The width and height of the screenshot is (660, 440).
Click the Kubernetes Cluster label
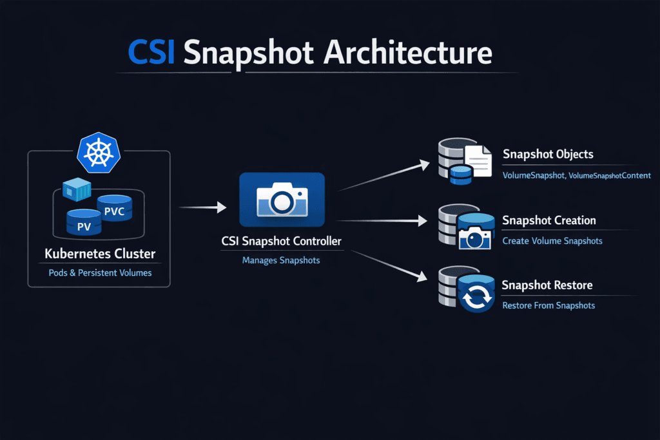click(x=99, y=254)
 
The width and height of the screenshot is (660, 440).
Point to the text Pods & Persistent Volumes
click(x=100, y=273)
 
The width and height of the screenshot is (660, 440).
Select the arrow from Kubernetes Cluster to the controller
click(x=202, y=207)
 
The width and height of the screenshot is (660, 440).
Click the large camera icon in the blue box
click(x=282, y=200)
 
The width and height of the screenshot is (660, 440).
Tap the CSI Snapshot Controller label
click(x=281, y=242)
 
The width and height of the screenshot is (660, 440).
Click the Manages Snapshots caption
click(x=281, y=261)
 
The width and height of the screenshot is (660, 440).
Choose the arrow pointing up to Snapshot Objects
click(x=383, y=175)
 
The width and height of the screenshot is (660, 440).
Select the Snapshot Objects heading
click(x=548, y=155)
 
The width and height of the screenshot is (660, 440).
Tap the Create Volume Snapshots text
click(x=552, y=241)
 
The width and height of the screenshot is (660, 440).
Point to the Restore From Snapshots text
click(x=548, y=305)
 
